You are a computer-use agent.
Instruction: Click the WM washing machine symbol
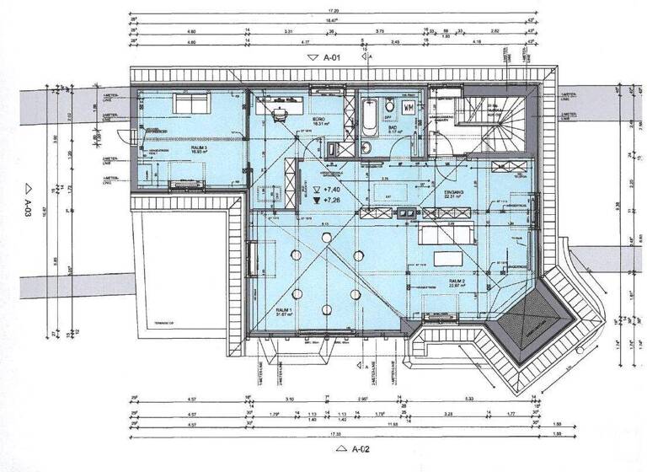click(408, 107)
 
